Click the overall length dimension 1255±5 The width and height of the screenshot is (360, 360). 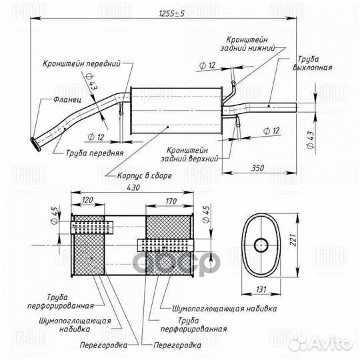(172, 13)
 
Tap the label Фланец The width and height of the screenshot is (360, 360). (67, 99)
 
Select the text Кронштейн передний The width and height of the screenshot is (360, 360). (81, 63)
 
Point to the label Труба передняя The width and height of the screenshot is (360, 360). (95, 153)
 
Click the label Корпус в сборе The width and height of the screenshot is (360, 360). (145, 175)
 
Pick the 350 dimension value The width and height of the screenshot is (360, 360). (257, 168)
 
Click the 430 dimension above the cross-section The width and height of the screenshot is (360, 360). (133, 187)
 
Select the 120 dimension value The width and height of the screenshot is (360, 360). (87, 200)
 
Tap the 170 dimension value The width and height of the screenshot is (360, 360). (171, 201)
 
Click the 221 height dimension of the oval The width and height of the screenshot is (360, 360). (293, 240)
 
